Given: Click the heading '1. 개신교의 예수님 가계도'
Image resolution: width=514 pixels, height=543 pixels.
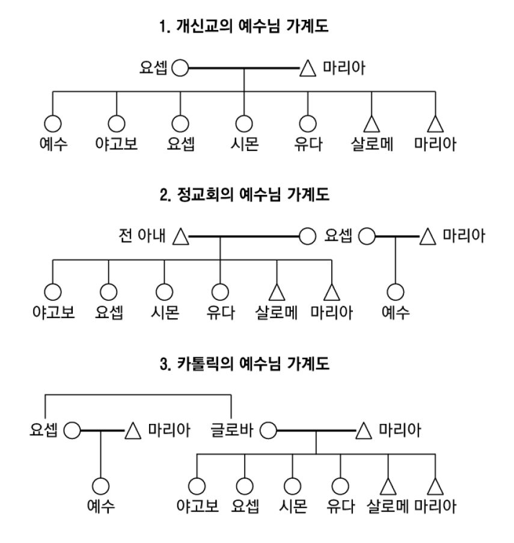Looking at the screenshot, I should point(256,28).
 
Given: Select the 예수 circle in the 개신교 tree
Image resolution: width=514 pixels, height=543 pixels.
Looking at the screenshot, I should point(52,123).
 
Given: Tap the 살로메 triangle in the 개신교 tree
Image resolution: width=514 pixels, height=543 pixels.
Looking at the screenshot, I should point(372,123).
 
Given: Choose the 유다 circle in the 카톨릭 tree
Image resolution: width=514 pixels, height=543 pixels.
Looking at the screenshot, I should point(340,485).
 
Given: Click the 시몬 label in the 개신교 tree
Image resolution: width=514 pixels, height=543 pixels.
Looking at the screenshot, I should point(243,145).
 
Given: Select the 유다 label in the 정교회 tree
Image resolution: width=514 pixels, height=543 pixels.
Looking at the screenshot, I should point(220,313).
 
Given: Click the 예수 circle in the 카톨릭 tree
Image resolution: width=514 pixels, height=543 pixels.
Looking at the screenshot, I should point(100,485).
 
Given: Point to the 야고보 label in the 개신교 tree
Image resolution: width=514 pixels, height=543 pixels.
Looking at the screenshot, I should point(116,145).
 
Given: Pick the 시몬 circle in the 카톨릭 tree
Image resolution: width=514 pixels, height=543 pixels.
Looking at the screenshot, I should point(292,485).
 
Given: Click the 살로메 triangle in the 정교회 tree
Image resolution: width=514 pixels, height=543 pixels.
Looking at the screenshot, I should point(276,292).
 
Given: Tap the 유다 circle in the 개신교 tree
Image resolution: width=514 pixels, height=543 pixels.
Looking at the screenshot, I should point(308,123).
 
